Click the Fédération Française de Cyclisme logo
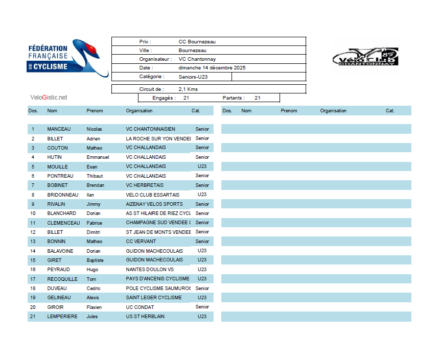(67, 59)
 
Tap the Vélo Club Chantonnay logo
(365, 57)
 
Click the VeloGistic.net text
(49, 98)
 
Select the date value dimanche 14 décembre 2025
(212, 68)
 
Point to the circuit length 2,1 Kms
(188, 89)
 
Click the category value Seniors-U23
(193, 77)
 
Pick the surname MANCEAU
(59, 129)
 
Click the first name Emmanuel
(98, 157)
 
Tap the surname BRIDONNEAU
(63, 195)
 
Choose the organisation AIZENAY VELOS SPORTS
(154, 204)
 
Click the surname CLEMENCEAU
(63, 223)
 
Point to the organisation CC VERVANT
(141, 242)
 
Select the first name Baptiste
(95, 260)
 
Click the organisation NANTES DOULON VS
(150, 270)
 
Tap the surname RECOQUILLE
(62, 279)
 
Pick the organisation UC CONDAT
(140, 307)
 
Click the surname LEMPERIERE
(62, 317)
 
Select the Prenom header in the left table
(95, 111)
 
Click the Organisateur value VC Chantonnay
(197, 59)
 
